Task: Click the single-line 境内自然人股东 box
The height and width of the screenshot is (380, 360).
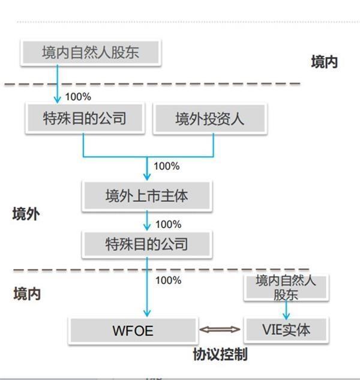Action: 91,52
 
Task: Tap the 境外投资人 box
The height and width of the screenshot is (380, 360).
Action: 210,118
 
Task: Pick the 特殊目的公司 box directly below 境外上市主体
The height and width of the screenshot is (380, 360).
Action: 147,244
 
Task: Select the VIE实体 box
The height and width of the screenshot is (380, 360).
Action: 287,330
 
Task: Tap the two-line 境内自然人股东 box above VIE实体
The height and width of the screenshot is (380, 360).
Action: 286,287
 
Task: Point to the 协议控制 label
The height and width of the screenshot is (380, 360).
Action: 220,354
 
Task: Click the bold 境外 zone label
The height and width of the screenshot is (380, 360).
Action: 26,214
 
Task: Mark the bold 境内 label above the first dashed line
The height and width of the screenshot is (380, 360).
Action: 324,61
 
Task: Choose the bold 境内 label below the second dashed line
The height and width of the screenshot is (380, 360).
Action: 27,294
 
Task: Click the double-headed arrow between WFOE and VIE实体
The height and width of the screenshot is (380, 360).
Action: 220,330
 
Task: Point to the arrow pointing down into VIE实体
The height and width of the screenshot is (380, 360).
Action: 287,309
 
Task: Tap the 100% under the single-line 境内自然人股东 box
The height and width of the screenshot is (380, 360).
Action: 78,96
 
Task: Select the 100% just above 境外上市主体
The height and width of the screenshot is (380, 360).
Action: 167,166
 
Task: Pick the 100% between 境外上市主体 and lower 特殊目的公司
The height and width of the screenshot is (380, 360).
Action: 168,224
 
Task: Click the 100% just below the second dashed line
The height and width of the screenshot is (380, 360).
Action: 168,280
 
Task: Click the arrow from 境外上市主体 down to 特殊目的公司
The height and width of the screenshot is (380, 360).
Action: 147,221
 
